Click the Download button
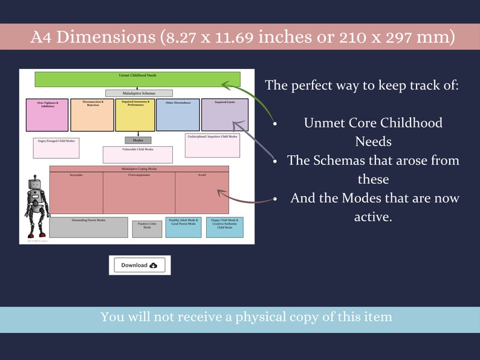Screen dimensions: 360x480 [140, 265]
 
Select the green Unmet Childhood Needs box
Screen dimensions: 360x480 [137, 79]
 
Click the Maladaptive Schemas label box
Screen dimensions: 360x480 [138, 93]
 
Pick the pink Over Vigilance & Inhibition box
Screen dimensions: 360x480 [47, 115]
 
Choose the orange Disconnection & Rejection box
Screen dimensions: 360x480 [92, 115]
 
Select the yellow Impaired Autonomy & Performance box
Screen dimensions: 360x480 [135, 115]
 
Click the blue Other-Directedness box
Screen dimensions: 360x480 [178, 115]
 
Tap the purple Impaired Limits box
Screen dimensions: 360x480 [224, 115]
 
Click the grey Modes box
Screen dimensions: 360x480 [138, 140]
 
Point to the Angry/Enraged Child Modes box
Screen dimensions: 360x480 [56, 148]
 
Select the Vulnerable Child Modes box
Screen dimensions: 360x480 [138, 155]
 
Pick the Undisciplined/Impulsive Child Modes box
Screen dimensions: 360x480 [212, 146]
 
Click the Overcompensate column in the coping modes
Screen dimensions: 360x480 [139, 193]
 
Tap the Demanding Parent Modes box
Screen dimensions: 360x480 [88, 227]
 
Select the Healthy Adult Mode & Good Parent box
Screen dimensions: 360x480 [183, 227]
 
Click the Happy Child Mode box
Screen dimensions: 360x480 [224, 227]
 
